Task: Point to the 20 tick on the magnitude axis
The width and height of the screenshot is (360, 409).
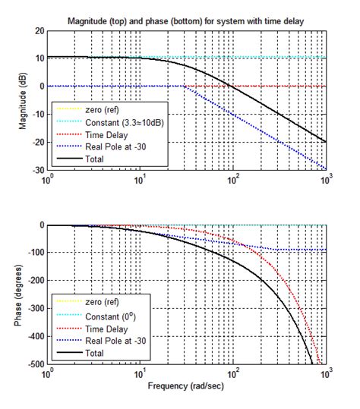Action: (x=38, y=31)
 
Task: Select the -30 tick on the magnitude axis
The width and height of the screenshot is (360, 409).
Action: (x=36, y=170)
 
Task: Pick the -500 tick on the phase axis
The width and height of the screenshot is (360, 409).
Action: (x=34, y=364)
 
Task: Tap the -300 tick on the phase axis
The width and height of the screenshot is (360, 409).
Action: (x=34, y=309)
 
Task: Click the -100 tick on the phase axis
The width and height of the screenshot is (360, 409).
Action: (x=34, y=253)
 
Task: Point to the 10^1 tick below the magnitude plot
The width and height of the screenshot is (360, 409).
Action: (x=141, y=181)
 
